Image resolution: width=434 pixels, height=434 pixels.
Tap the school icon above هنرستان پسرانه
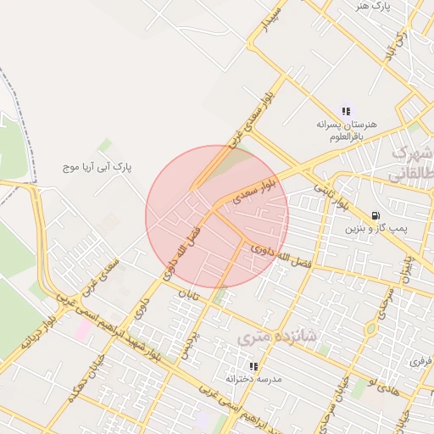[346, 111]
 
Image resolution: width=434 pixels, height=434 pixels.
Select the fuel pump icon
[376, 215]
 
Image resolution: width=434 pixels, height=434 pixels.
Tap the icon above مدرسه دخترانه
[253, 366]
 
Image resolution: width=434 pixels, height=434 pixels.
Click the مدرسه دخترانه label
[253, 378]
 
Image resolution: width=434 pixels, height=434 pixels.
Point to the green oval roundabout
[370, 329]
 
